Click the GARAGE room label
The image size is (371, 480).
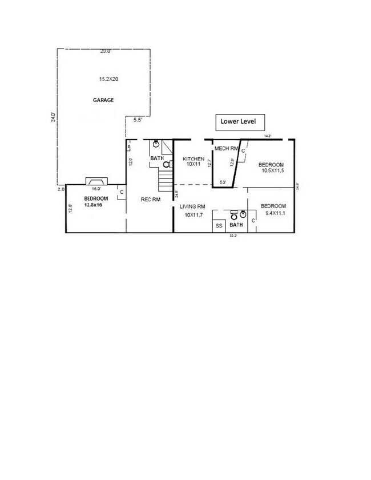coord(103,100)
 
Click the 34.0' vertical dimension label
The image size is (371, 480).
coord(53,117)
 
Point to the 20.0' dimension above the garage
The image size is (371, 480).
coord(105,51)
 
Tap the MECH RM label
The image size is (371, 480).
coord(225,149)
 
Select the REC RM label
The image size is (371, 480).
coord(151,199)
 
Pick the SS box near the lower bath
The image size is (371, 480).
coord(219,226)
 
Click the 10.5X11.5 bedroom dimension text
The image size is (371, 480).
coord(272,170)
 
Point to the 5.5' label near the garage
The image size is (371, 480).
coord(138,120)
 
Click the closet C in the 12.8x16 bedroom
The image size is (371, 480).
coord(122,192)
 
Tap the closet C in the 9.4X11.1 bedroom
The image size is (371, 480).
coord(253,220)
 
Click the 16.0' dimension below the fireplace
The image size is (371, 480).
coord(96,189)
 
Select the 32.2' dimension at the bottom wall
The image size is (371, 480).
coord(233,235)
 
